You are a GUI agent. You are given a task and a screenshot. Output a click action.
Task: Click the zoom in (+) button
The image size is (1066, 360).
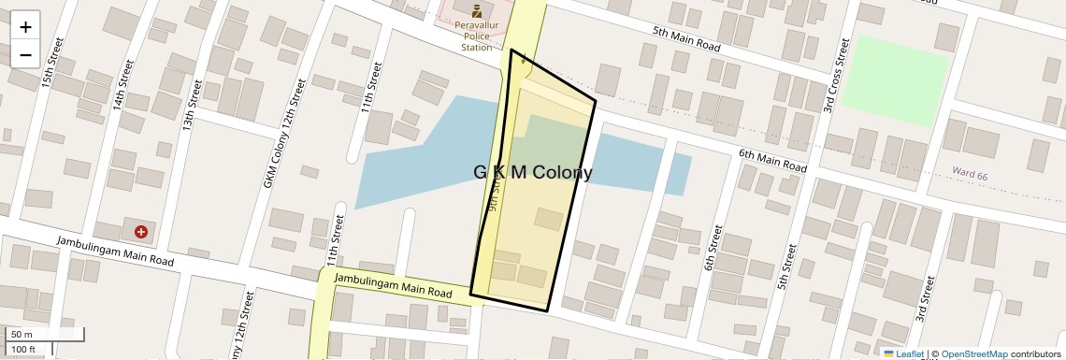coord(25,27)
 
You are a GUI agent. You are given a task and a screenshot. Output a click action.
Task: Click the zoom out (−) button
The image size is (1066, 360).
coord(25,54)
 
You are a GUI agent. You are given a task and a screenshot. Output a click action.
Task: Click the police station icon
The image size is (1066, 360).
coord(476,12)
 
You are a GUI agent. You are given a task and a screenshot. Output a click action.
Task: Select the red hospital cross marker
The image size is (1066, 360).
coord(141,231)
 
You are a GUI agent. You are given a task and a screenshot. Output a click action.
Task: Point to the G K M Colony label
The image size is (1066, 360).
coord(532,173)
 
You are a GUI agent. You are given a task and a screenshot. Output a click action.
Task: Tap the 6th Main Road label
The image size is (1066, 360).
coord(772,160)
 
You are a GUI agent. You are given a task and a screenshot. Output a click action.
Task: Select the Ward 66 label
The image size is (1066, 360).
coord(970,173)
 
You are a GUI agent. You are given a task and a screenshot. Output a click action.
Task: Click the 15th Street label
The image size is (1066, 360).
coord(52,64)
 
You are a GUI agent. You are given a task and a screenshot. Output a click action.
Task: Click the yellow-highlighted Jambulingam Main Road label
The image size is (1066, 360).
coord(394,285)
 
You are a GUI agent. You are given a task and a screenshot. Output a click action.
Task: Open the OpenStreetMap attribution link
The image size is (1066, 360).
coord(973,354)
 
